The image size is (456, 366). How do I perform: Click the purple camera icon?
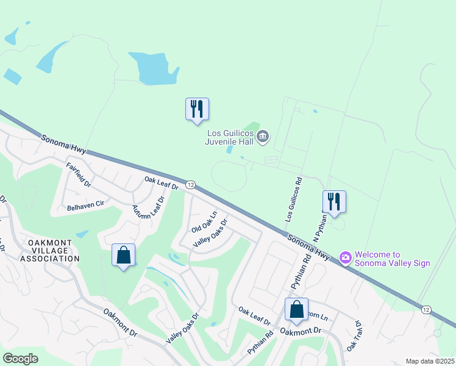(x=346, y=259)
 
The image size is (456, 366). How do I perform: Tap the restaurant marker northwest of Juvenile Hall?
(x=197, y=110)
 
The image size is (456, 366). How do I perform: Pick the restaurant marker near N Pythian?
(x=334, y=203)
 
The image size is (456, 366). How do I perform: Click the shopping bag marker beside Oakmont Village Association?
(x=123, y=256)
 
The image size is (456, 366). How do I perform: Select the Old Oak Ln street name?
(x=204, y=221)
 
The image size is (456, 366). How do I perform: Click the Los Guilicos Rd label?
(x=293, y=200)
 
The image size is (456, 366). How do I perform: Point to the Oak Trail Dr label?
(x=354, y=336)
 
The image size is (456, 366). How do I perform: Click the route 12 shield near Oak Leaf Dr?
(x=190, y=185)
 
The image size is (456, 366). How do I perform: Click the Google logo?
(x=21, y=359)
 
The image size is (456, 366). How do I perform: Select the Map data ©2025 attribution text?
(x=429, y=361)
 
